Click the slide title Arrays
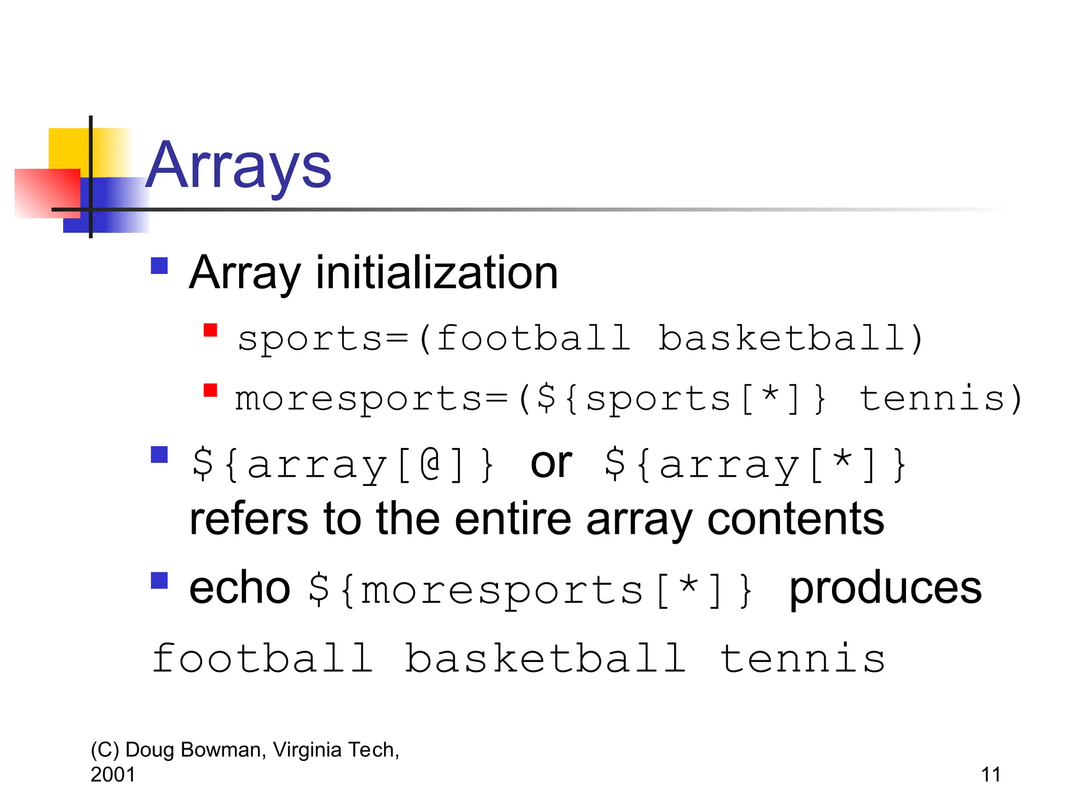pyautogui.click(x=238, y=166)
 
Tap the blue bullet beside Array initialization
pyautogui.click(x=159, y=266)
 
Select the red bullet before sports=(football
pyautogui.click(x=210, y=330)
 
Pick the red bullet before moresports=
pyautogui.click(x=210, y=390)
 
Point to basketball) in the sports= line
pyautogui.click(x=790, y=338)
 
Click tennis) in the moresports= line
pyautogui.click(x=940, y=399)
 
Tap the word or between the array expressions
pyautogui.click(x=551, y=463)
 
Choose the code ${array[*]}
pyautogui.click(x=755, y=464)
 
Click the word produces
pyautogui.click(x=885, y=588)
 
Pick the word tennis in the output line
pyautogui.click(x=802, y=658)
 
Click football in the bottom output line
pyautogui.click(x=263, y=658)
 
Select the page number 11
pyautogui.click(x=990, y=774)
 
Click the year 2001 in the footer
pyautogui.click(x=113, y=774)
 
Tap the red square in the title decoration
pyautogui.click(x=47, y=193)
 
